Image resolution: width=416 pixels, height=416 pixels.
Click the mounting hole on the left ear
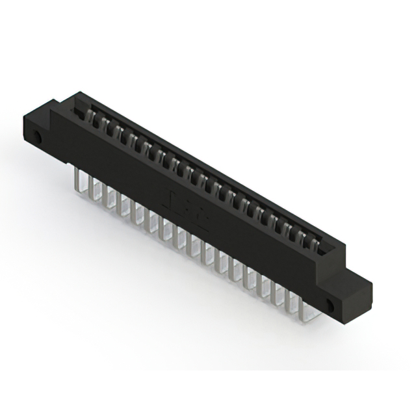[x=38, y=138]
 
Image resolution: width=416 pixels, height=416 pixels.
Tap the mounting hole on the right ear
[x=330, y=304]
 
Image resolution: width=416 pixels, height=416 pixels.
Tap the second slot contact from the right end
[x=303, y=238]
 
